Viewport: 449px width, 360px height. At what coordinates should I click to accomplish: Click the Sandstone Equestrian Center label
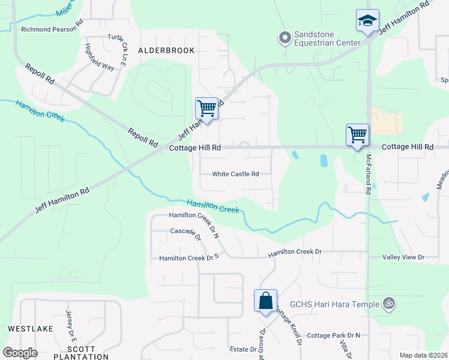point(327,38)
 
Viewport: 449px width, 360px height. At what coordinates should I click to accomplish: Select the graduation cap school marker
point(367,21)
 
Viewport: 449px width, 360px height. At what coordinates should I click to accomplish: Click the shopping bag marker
point(265,301)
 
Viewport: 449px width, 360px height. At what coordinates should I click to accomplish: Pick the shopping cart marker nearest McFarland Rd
point(358,134)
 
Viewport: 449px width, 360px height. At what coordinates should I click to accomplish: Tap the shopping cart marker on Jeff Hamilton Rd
point(206,109)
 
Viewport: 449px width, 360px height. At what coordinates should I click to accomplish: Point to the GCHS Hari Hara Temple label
point(335,304)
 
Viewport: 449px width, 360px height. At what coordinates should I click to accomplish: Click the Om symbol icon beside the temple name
point(388,304)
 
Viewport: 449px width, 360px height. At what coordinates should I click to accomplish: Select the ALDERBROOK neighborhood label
point(166,50)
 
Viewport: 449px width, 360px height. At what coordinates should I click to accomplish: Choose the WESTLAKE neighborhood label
point(31,329)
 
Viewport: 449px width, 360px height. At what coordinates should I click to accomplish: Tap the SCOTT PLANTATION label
point(81,353)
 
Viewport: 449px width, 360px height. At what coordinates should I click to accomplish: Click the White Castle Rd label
point(235,175)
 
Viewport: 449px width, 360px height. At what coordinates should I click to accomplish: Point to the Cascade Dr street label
point(185,233)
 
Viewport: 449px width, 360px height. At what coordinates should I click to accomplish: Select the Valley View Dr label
point(403,257)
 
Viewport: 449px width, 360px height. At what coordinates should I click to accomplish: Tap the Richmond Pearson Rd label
point(52,28)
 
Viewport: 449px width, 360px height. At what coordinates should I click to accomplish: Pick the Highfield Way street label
point(100,58)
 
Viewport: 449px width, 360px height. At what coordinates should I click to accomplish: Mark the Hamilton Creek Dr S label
point(187,258)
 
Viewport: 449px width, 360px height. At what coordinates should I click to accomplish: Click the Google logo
point(20,352)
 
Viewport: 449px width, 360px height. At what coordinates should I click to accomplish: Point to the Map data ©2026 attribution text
point(423,355)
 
